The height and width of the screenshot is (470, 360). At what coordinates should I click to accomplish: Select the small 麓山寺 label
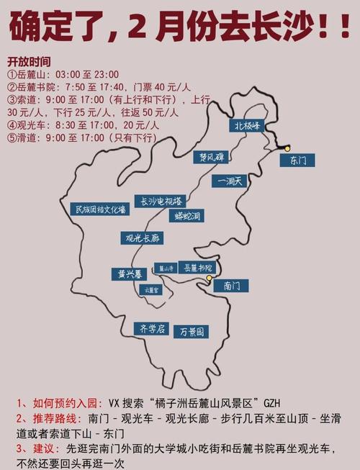(167, 268)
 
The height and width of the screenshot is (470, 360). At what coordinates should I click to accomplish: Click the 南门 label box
(231, 286)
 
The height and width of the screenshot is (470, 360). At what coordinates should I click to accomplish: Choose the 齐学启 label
(152, 329)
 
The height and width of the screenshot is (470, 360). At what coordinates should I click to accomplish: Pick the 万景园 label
(192, 332)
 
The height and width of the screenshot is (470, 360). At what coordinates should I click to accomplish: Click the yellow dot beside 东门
(287, 148)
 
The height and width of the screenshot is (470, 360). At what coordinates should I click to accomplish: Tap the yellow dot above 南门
(209, 278)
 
